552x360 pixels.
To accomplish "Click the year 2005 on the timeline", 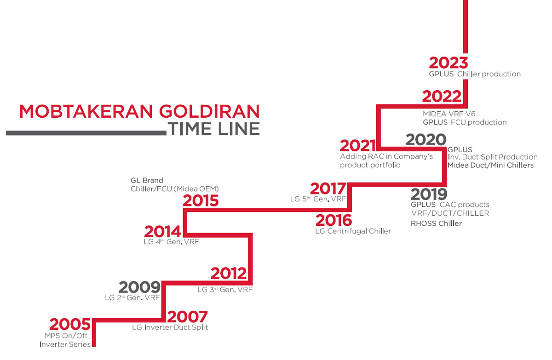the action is tap(70, 324).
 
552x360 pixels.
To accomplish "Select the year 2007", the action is tap(187, 317).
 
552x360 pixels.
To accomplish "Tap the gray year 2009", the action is tap(139, 287).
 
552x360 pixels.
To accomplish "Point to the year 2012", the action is tap(229, 273).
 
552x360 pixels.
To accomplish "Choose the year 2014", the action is tap(163, 231).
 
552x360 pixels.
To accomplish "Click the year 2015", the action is tap(201, 200).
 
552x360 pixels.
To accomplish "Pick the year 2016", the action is tap(333, 220).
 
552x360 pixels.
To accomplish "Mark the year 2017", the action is tap(328, 189).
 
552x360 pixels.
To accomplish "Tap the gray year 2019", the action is tap(429, 194).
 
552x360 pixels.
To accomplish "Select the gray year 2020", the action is tap(426, 140).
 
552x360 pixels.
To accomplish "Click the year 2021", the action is tap(358, 146).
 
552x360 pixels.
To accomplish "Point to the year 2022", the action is tap(442, 96).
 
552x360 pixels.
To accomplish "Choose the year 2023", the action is tap(448, 63).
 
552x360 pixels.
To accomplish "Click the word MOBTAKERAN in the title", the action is tap(86, 111).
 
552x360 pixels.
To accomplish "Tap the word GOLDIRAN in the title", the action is tap(209, 111).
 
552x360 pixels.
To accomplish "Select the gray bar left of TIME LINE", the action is tap(86, 133).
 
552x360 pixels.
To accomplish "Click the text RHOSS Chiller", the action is tap(436, 223).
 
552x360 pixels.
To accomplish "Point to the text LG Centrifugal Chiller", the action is tap(353, 231).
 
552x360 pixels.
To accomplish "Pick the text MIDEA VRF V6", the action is tap(449, 114).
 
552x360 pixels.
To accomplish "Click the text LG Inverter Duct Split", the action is tap(170, 327).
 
